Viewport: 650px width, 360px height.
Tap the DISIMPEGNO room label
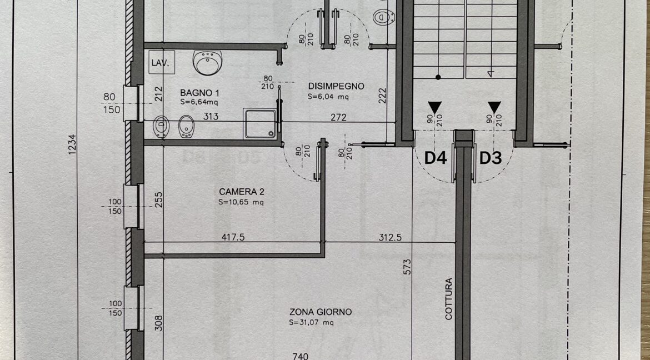click(x=336, y=86)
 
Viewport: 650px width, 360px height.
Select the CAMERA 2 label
click(x=242, y=192)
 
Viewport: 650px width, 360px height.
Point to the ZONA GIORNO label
click(x=321, y=312)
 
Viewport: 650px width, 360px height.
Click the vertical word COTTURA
click(x=449, y=299)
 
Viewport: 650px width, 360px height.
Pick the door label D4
click(x=436, y=158)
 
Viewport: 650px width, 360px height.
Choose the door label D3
click(x=491, y=158)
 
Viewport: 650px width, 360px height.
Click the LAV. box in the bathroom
click(x=162, y=62)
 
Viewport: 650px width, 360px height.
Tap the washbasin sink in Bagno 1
click(x=207, y=63)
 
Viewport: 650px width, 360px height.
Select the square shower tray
click(x=260, y=123)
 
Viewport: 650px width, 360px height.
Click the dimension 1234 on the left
click(x=73, y=144)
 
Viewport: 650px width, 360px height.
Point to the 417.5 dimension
click(x=233, y=237)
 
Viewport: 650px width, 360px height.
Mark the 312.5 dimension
click(x=390, y=238)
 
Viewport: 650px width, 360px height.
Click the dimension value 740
click(x=300, y=356)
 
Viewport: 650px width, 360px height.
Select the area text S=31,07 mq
click(x=311, y=322)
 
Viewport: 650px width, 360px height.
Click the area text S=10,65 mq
click(x=241, y=202)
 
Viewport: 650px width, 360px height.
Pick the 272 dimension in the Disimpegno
click(x=338, y=117)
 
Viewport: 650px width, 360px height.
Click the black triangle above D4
click(x=434, y=107)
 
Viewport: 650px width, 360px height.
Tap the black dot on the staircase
click(x=438, y=77)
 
